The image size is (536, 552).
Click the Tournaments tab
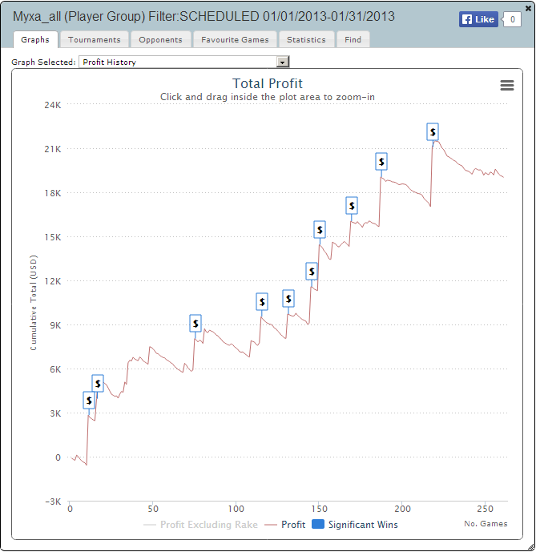point(95,39)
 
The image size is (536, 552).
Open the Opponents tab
point(159,39)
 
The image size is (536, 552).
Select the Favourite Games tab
point(235,39)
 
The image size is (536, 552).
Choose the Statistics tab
point(307,39)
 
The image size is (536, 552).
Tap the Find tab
point(353,39)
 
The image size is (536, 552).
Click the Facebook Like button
point(478,19)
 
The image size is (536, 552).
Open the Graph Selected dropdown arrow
point(282,62)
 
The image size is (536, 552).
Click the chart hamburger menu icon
point(506,86)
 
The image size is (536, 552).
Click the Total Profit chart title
point(268,83)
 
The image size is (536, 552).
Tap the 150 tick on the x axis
point(319,509)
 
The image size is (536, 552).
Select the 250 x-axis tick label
point(485,509)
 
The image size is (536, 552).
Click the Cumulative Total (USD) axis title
point(34,308)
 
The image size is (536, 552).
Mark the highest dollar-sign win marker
point(433,132)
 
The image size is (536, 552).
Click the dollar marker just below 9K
point(195,323)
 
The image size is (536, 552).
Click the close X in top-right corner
point(528,8)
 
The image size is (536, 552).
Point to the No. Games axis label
point(486,524)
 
